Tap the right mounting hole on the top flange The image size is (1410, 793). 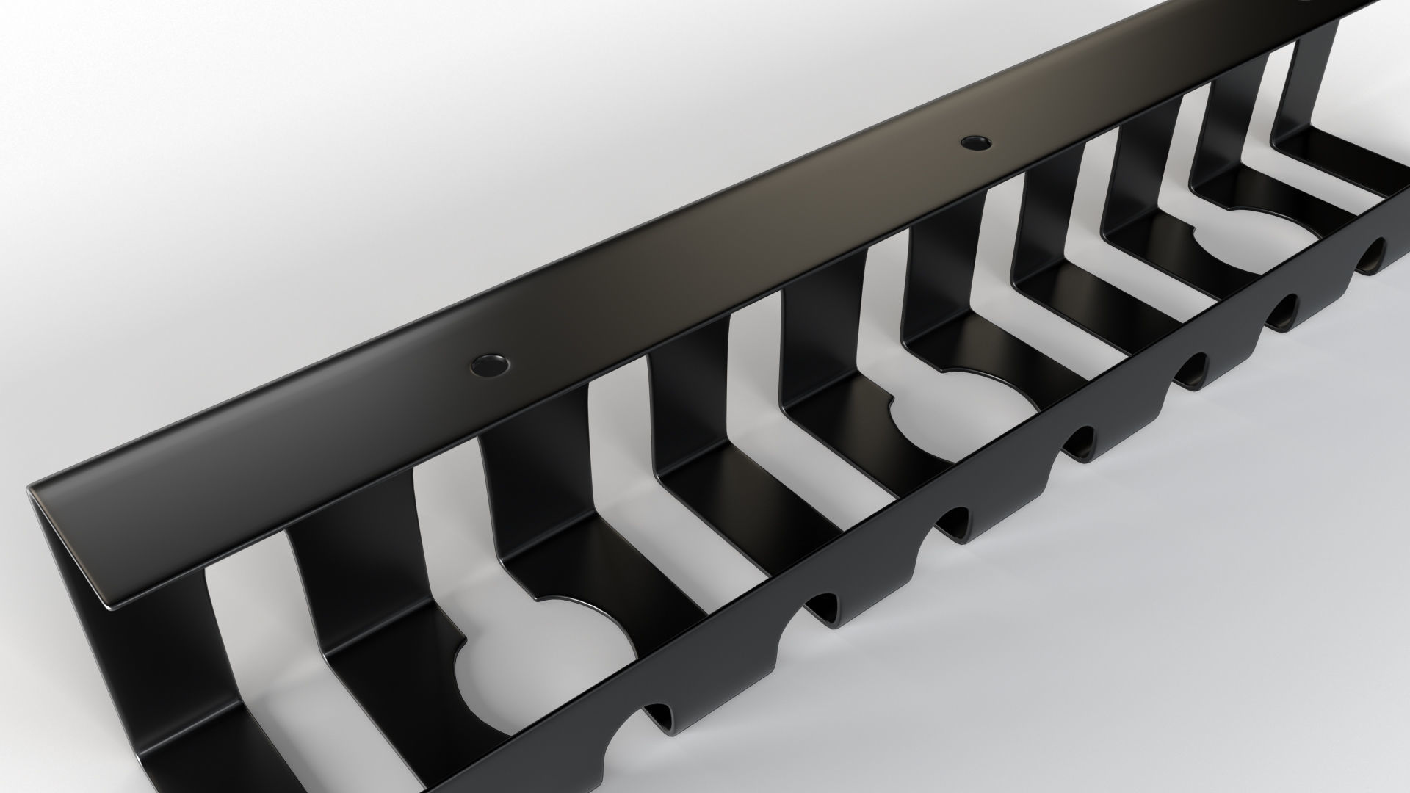(x=975, y=141)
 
